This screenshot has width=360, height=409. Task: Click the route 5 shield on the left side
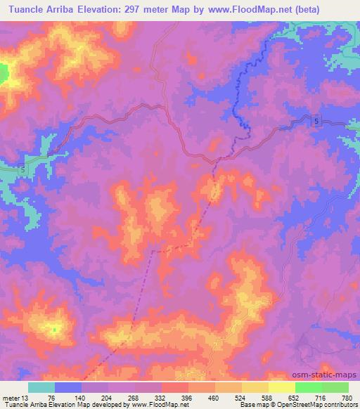coord(23,170)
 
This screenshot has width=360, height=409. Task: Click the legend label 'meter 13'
coord(15,396)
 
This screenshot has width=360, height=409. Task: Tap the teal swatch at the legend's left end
coord(41,387)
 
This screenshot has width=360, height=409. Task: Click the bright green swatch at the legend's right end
coord(335,387)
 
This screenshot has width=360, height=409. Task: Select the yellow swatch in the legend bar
coord(282,387)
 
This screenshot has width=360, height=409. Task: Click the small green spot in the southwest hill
coord(54,328)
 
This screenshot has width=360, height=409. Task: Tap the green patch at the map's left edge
coord(4,73)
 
